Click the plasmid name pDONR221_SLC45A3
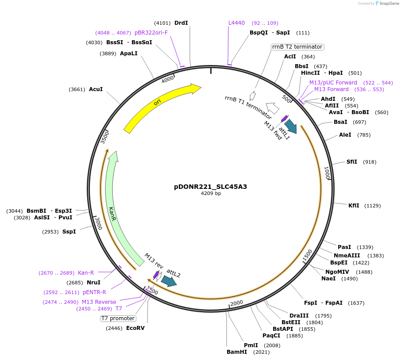tap(210, 187)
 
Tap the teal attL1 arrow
tap(291, 125)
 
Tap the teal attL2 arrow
tap(169, 281)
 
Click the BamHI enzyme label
tap(237, 352)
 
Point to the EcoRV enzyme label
tap(135, 328)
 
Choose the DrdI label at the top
tap(181, 23)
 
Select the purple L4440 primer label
tap(236, 23)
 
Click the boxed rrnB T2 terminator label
tap(297, 47)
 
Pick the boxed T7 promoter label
tap(118, 318)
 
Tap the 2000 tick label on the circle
tap(237, 303)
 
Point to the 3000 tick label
tap(99, 224)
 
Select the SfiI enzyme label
tap(351, 162)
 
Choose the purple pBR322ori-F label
tap(151, 33)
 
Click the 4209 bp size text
tap(211, 194)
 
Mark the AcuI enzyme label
tap(96, 89)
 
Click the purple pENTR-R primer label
tap(94, 292)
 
